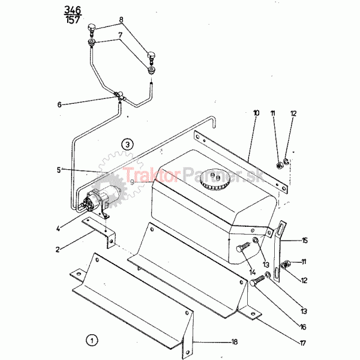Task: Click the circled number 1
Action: pos(92,340)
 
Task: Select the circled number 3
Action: pos(127,145)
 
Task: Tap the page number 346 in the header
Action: pos(73,10)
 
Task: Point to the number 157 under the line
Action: pos(73,20)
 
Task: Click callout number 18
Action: pos(234,342)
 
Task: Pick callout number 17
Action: pos(303,343)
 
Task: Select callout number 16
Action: pos(303,327)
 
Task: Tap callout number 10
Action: pos(256,113)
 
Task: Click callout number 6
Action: pos(59,104)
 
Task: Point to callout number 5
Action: pos(59,170)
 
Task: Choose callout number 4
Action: pos(58,229)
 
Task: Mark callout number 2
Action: pos(58,250)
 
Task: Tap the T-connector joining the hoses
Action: pos(120,96)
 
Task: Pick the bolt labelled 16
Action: pos(257,280)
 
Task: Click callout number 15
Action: pos(304,241)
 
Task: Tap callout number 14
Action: pos(253,272)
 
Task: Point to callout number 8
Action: pos(121,20)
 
